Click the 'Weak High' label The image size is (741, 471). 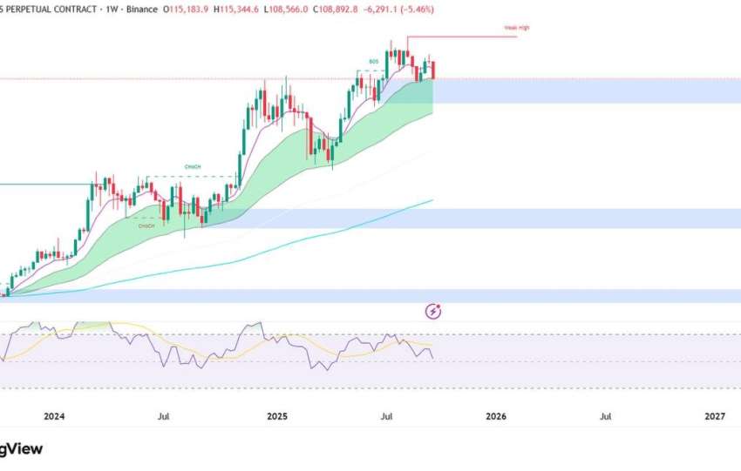pos(516,28)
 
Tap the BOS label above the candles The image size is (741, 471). pos(373,61)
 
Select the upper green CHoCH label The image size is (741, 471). pos(194,167)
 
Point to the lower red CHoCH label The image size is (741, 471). pos(146,225)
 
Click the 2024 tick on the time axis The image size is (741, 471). pos(54,417)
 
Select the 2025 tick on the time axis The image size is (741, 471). pos(276,417)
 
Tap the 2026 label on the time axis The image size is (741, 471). pos(495,417)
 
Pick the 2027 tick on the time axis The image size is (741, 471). pos(715,417)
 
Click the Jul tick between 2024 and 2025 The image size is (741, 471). pos(163,417)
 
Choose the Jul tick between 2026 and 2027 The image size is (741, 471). pos(605,417)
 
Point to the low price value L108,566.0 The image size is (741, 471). pos(290,10)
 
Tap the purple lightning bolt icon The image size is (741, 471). pos(434,311)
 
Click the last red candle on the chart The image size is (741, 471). pos(433,70)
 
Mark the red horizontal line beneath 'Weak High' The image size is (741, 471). pos(462,37)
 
